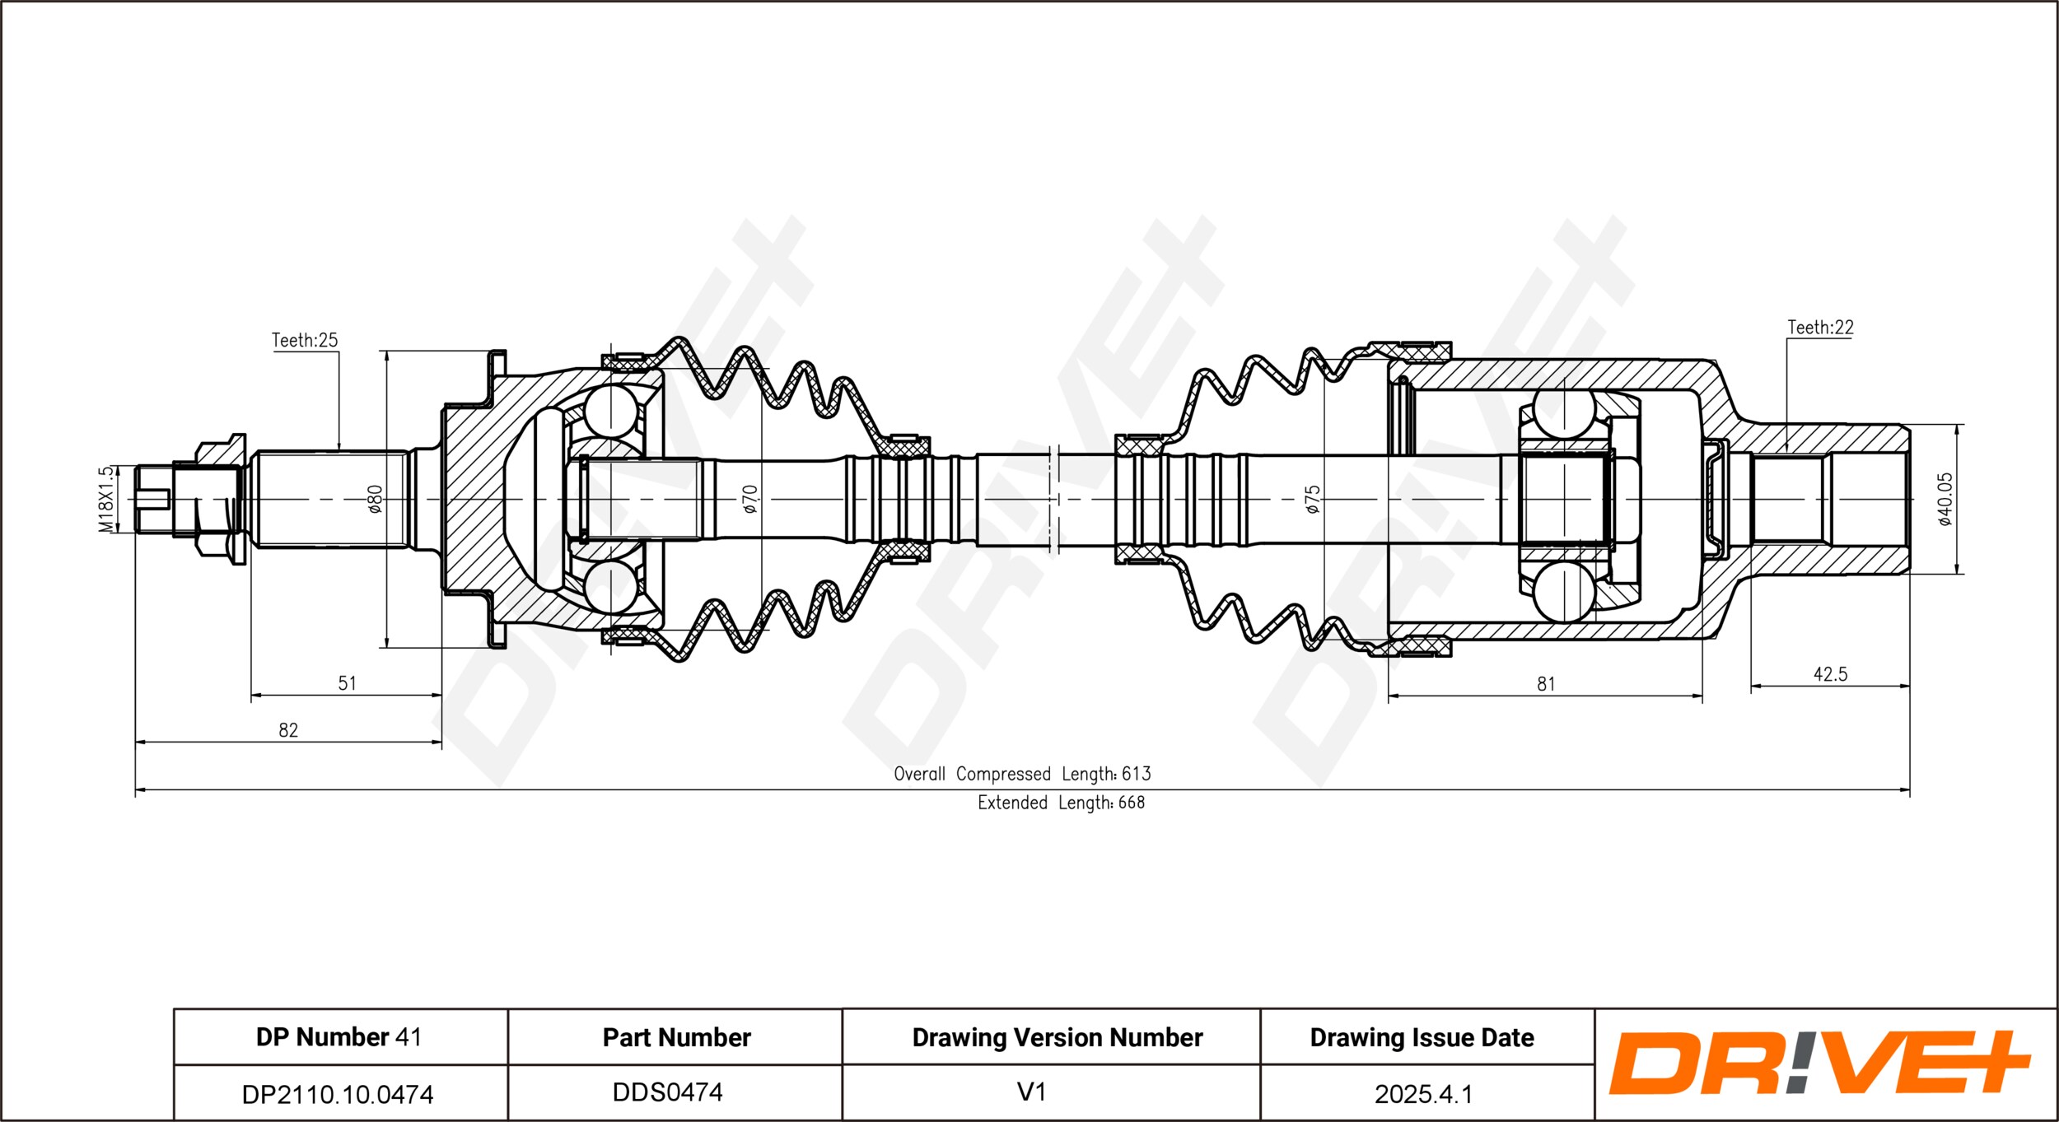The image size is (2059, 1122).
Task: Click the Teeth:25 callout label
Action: (x=305, y=340)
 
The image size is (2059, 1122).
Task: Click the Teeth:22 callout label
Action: (x=1820, y=328)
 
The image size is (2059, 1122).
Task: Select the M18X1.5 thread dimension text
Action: (x=105, y=500)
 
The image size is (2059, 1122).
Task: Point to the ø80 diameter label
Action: (x=375, y=499)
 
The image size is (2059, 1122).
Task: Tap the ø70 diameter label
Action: (x=749, y=499)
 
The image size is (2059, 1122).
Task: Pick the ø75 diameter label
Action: (x=1313, y=499)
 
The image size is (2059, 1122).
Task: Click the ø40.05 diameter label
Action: (x=1945, y=499)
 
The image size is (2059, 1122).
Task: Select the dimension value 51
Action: (x=348, y=683)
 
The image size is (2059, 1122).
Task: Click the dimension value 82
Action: (x=288, y=730)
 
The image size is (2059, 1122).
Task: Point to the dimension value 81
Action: (x=1546, y=684)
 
